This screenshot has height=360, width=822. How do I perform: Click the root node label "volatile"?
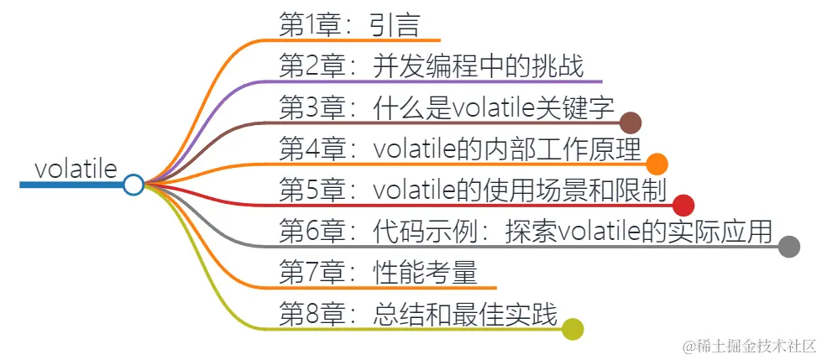pos(76,168)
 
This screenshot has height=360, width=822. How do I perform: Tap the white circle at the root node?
pos(133,185)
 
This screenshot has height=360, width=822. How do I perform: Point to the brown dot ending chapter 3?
pos(631,123)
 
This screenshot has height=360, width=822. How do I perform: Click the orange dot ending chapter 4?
pos(657,164)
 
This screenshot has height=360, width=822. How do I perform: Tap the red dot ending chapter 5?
pos(683,205)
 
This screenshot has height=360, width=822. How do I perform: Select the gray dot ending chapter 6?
pos(788,246)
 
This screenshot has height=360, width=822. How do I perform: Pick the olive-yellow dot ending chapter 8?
pos(573,329)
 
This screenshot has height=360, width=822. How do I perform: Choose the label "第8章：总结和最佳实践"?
pos(417,313)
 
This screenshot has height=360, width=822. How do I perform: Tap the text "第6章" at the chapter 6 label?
pos(304,231)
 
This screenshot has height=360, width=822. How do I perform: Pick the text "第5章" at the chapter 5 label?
pos(304,190)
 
